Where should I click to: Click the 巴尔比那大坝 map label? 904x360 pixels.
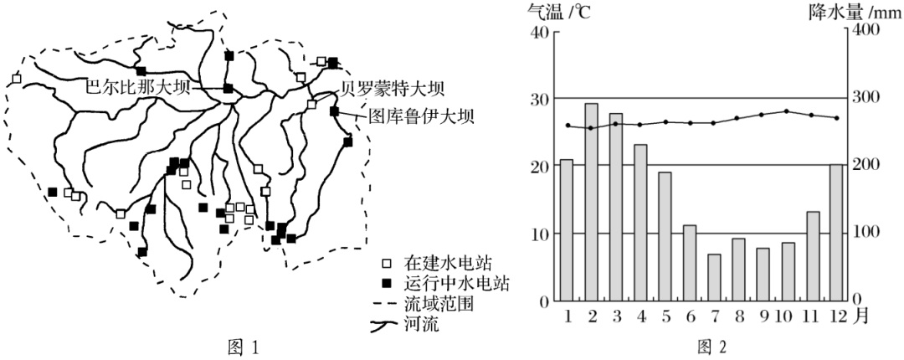click(138, 87)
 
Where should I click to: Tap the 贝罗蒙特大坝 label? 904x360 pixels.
click(392, 88)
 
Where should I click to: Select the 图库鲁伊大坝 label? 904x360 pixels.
click(421, 116)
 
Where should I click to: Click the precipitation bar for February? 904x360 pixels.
click(591, 202)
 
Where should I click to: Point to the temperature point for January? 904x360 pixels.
click(568, 126)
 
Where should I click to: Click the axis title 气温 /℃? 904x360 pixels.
click(549, 12)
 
